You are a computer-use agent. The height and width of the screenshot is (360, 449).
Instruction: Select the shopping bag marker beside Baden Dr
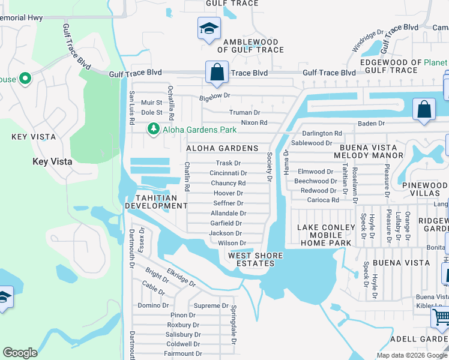(x=424, y=110)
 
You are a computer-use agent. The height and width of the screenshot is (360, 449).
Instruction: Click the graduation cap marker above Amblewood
(x=209, y=28)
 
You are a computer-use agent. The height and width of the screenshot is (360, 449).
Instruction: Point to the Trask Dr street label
(x=228, y=163)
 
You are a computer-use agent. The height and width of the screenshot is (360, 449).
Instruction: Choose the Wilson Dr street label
(x=232, y=243)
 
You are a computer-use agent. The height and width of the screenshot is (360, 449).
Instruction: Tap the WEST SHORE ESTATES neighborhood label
(x=255, y=259)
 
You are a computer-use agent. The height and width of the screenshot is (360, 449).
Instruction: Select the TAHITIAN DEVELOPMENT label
(x=156, y=202)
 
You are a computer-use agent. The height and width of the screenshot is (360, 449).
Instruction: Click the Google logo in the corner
(x=20, y=353)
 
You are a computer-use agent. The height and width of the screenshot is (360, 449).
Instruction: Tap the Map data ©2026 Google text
(x=412, y=355)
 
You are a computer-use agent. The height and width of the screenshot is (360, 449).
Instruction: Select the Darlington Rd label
(x=322, y=133)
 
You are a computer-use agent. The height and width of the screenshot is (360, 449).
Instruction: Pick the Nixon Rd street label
(x=254, y=122)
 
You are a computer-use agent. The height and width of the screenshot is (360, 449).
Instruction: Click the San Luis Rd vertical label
(x=131, y=108)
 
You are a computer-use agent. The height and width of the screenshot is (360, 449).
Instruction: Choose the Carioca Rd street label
(x=323, y=200)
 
